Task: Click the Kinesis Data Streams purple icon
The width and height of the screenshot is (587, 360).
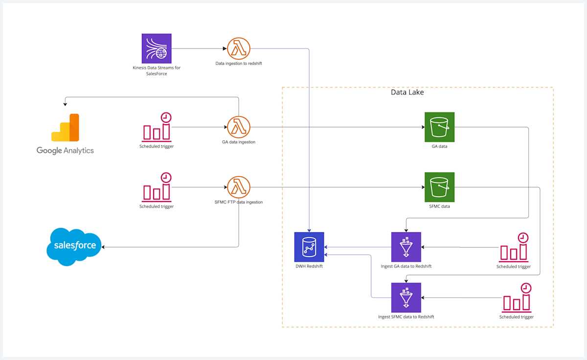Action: tap(157, 48)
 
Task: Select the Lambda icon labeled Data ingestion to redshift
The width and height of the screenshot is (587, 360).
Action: tap(239, 48)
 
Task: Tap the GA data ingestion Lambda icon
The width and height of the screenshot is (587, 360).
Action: tap(239, 127)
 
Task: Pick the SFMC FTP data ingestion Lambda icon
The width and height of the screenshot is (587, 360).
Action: tap(239, 187)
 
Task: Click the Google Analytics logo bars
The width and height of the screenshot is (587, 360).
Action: tap(65, 128)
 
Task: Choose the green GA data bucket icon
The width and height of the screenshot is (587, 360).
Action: tap(439, 127)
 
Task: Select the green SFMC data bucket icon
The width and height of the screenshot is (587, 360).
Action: tap(439, 187)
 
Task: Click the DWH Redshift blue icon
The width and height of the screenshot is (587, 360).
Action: tap(309, 247)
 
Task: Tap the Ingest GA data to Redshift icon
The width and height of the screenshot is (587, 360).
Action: tap(406, 247)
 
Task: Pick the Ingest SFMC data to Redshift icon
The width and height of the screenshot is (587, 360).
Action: tap(406, 297)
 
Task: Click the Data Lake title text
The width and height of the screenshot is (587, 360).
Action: tap(407, 92)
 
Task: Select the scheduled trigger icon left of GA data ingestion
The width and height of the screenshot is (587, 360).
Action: tap(157, 127)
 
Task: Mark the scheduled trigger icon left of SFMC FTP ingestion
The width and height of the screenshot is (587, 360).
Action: tap(157, 187)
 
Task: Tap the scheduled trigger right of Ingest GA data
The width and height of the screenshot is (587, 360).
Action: tap(514, 247)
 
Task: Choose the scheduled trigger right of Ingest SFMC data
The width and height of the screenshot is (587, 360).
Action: tap(517, 297)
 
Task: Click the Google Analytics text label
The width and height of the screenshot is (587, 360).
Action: tap(65, 150)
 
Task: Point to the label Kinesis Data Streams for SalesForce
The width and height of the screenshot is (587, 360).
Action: tap(157, 70)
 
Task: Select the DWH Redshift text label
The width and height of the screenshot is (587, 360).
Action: tap(309, 266)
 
